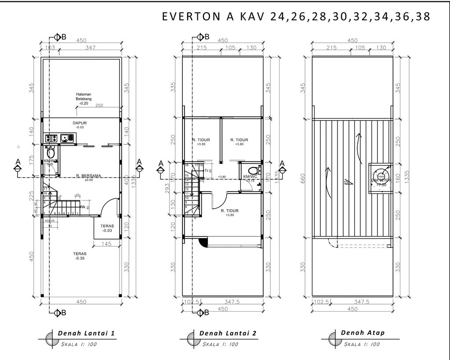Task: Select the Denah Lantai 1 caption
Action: coord(86,333)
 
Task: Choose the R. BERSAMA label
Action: coord(88,176)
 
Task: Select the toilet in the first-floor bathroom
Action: coord(51,154)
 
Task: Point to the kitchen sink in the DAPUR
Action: coord(67,138)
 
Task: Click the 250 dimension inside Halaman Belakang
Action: coord(99,105)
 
